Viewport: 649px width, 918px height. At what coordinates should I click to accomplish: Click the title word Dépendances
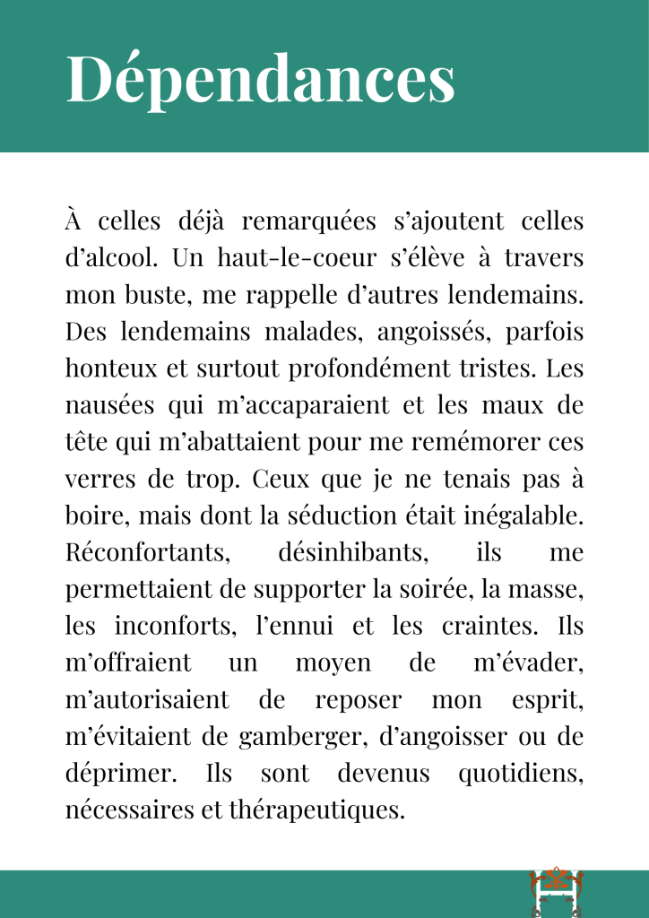(260, 78)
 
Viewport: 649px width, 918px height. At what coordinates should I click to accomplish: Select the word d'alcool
(111, 258)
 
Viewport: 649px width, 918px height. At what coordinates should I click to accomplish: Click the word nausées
(108, 405)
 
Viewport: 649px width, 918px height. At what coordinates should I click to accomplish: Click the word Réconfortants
(146, 552)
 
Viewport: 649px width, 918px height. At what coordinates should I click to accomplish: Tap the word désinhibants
(352, 552)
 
